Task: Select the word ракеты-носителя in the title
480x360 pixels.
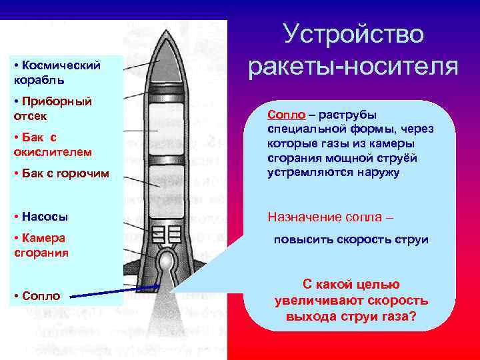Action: (353, 67)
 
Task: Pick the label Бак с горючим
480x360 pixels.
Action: (60, 175)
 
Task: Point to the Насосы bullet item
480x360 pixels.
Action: (44, 217)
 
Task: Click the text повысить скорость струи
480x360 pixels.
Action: (351, 240)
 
